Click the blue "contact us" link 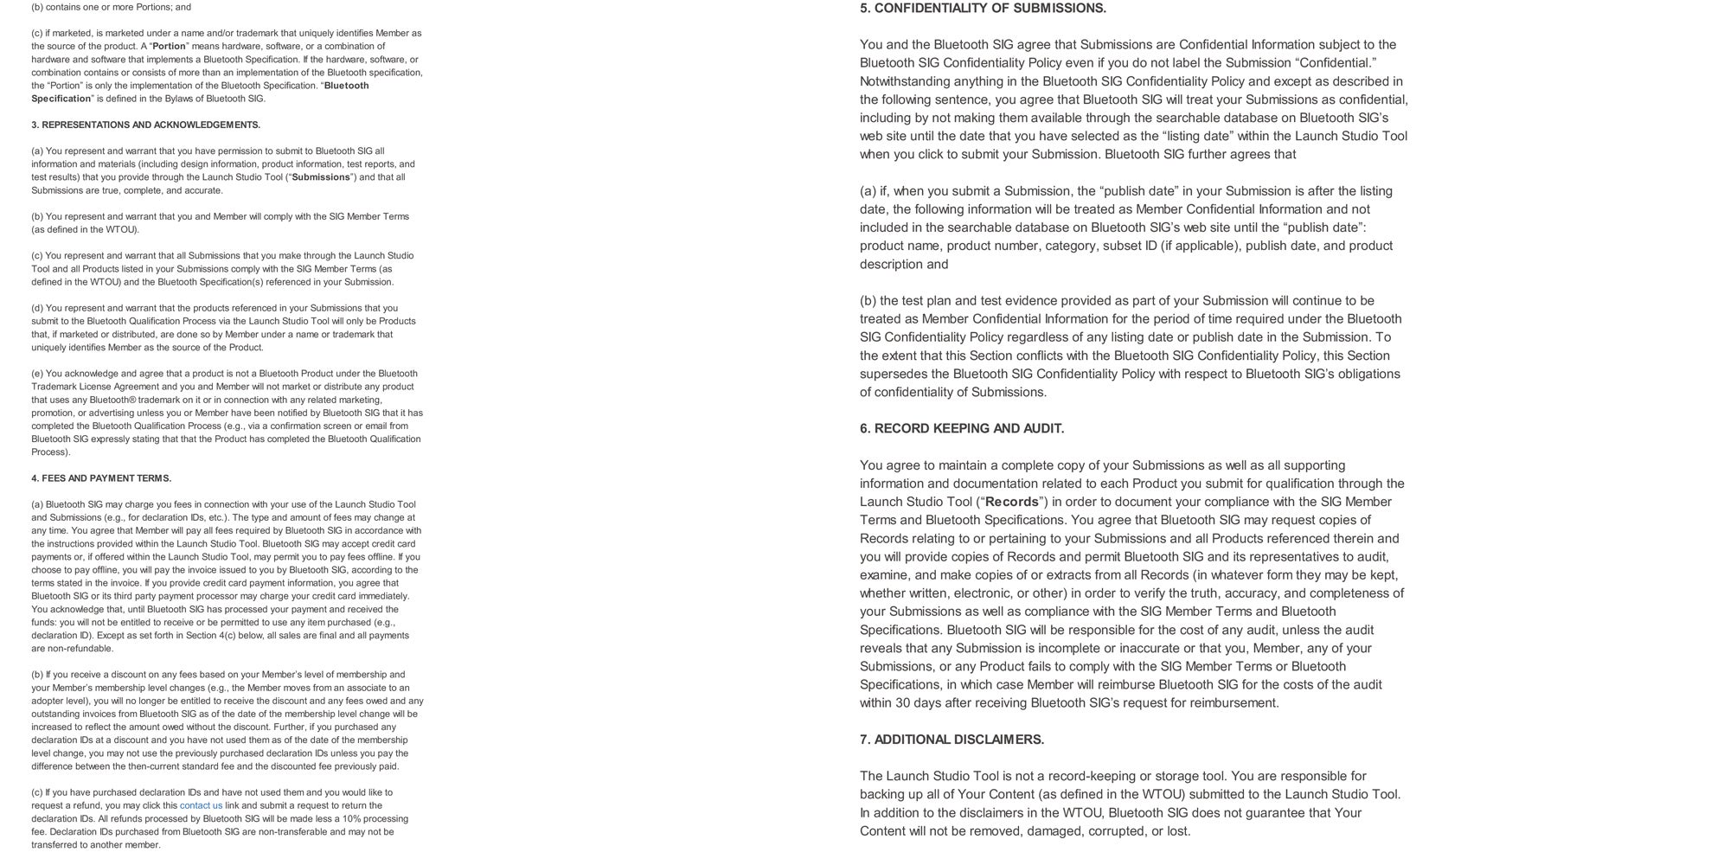(x=201, y=805)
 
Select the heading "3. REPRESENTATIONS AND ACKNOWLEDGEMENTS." (x=145, y=125)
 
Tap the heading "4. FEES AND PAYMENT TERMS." (x=101, y=478)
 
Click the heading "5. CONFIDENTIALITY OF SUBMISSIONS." (x=983, y=9)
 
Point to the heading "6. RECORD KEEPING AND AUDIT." (x=962, y=429)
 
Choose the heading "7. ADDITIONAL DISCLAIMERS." (x=951, y=740)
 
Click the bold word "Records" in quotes (x=1011, y=502)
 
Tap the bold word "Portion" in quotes (x=170, y=47)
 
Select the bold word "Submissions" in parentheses (x=321, y=177)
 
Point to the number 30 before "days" (x=902, y=703)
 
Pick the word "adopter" (x=48, y=701)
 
